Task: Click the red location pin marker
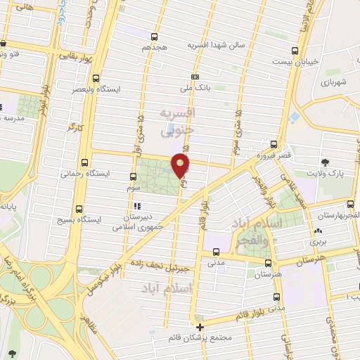pyautogui.click(x=181, y=165)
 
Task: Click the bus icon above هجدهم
pyautogui.click(x=153, y=37)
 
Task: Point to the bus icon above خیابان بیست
pyautogui.click(x=295, y=50)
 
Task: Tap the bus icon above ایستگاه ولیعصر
pyautogui.click(x=96, y=79)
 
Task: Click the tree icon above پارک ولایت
pyautogui.click(x=325, y=162)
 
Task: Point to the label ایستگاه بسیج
pyautogui.click(x=78, y=219)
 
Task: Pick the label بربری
pyautogui.click(x=319, y=240)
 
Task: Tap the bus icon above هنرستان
pyautogui.click(x=267, y=262)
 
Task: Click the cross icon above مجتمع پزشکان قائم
pyautogui.click(x=200, y=326)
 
